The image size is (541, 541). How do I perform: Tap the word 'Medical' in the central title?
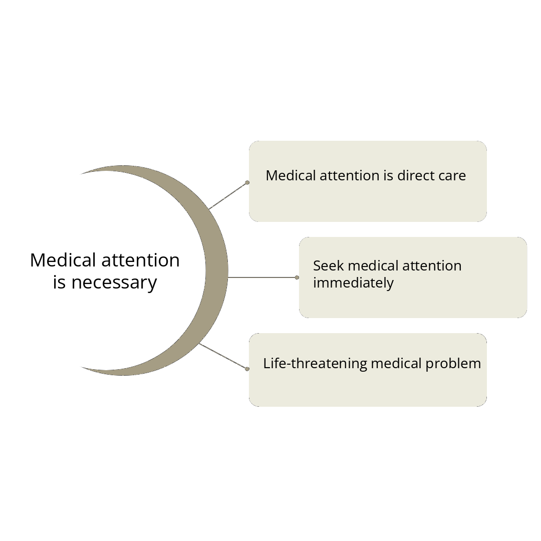[63, 260]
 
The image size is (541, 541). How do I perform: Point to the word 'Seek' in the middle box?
[329, 266]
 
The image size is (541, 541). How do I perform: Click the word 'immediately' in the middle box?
[353, 284]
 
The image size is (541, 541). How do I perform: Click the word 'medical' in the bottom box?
[396, 363]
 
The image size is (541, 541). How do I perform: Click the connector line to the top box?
[228, 196]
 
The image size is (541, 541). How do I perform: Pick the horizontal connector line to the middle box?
[262, 278]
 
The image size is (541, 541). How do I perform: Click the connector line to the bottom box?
[223, 356]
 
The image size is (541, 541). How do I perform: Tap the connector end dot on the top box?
[247, 182]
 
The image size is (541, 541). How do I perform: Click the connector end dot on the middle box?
[297, 278]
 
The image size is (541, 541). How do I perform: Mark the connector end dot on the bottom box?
[247, 369]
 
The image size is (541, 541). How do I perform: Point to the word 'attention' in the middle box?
[432, 266]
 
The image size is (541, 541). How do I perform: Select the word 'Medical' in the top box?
[291, 176]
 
